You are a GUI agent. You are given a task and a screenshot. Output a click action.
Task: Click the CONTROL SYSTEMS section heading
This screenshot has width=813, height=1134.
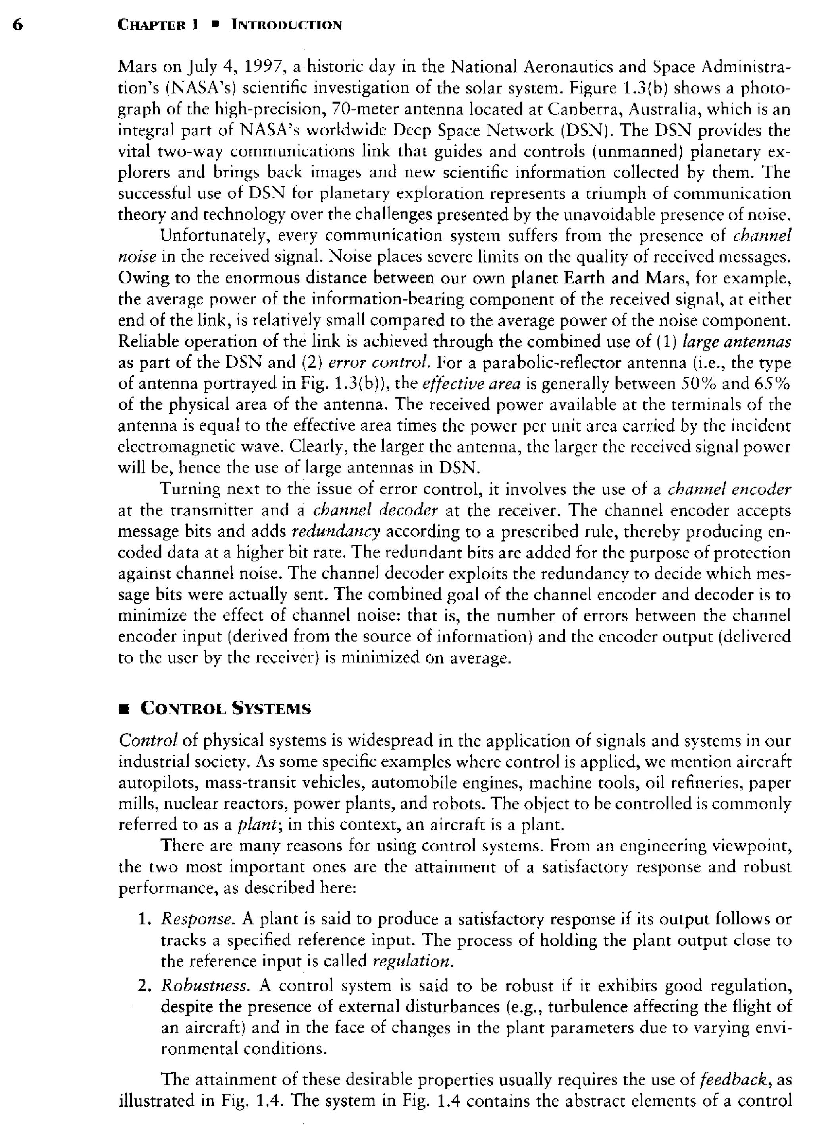226,709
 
